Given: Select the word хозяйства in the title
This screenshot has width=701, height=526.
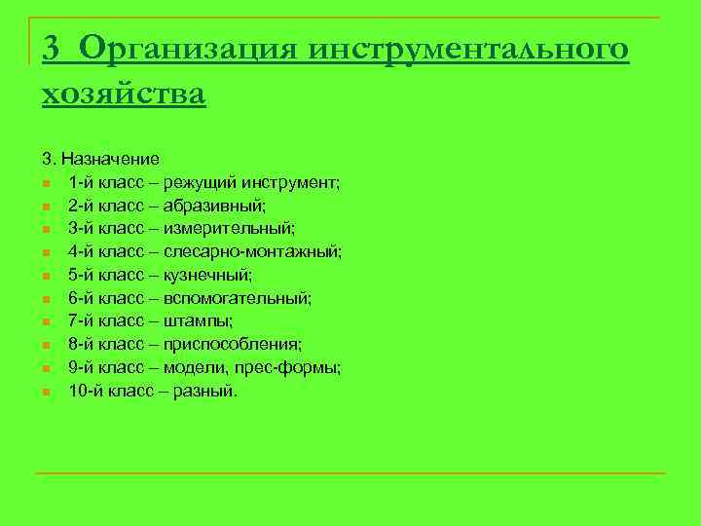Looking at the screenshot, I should tap(124, 94).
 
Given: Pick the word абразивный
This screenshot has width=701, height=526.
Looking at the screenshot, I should tap(209, 205).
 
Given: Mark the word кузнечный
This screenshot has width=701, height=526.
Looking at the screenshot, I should tap(207, 275).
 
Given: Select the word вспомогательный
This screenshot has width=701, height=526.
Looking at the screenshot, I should tap(238, 298).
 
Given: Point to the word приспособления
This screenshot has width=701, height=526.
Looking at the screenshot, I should tap(233, 344).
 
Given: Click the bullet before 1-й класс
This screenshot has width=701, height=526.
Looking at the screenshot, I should tap(47, 182).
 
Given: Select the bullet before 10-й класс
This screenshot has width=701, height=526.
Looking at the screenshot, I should tap(47, 392).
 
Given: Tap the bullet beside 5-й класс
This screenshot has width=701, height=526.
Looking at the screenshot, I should tap(47, 276).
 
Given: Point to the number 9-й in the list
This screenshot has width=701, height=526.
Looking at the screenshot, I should tap(80, 367).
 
